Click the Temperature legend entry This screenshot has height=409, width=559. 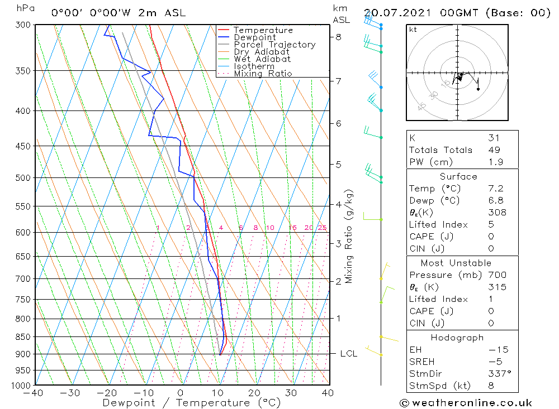point(263,30)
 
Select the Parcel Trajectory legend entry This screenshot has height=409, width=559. point(274,45)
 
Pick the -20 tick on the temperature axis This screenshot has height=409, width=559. point(107,393)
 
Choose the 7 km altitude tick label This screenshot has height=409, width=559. point(338,81)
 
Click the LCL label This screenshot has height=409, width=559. point(349,354)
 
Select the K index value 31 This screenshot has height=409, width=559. point(494,138)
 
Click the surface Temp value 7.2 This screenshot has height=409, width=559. point(496,189)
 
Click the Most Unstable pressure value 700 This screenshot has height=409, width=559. point(497,275)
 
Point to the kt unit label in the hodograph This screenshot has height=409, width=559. point(413,30)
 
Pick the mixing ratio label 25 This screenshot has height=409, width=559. point(322,228)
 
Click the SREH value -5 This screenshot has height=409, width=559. point(495,362)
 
